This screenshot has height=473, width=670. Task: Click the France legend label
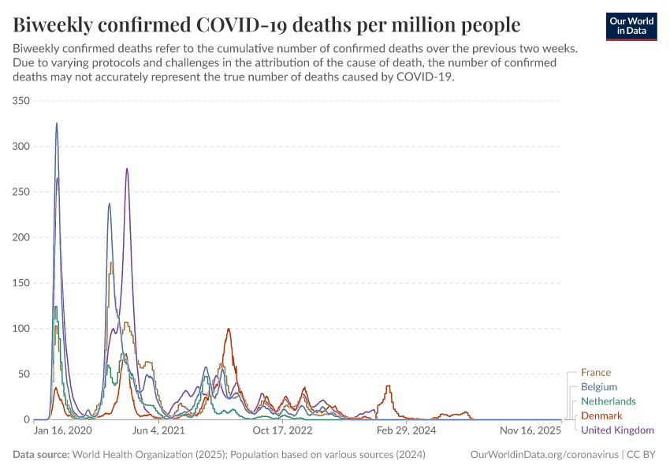click(x=595, y=373)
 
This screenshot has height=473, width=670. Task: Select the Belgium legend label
click(x=598, y=387)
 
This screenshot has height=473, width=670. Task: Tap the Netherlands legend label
click(x=608, y=401)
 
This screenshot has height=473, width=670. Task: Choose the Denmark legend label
click(x=601, y=415)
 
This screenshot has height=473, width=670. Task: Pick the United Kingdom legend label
click(x=617, y=430)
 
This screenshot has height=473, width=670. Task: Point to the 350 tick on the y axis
click(x=20, y=101)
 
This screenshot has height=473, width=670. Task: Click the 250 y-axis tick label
click(x=20, y=192)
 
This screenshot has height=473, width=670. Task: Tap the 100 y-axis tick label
click(x=20, y=328)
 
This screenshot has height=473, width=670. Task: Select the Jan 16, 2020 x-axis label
click(x=63, y=431)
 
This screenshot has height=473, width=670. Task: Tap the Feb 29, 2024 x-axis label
click(x=406, y=431)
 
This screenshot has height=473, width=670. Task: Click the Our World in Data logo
click(x=631, y=26)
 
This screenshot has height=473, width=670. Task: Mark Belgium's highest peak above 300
click(x=57, y=124)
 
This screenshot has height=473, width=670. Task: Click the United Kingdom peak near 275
click(x=127, y=169)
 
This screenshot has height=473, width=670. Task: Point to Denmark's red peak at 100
click(x=229, y=329)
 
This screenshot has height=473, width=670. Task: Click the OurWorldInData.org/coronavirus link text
click(x=543, y=454)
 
